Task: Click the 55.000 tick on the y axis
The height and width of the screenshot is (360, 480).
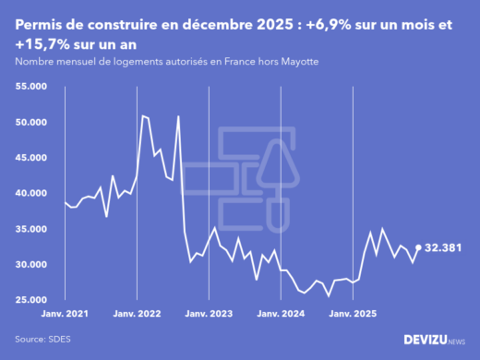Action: (31, 87)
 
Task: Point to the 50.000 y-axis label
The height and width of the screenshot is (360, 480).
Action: (31, 122)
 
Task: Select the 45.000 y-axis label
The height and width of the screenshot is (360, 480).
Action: (31, 158)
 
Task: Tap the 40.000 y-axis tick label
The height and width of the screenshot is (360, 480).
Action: (31, 194)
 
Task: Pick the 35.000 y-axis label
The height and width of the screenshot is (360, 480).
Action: (31, 229)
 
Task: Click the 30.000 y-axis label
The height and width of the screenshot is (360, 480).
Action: (31, 265)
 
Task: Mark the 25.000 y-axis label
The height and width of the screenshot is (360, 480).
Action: (31, 300)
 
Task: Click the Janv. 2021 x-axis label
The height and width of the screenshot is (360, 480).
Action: (65, 313)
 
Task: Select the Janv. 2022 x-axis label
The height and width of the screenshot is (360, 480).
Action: (137, 313)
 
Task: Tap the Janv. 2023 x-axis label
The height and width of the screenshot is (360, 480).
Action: (209, 313)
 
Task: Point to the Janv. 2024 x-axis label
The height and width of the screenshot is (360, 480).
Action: (281, 313)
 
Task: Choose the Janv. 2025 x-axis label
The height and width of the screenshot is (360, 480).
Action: (353, 313)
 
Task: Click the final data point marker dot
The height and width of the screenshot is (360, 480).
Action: (418, 247)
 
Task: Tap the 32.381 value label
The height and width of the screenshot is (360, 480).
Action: (444, 247)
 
